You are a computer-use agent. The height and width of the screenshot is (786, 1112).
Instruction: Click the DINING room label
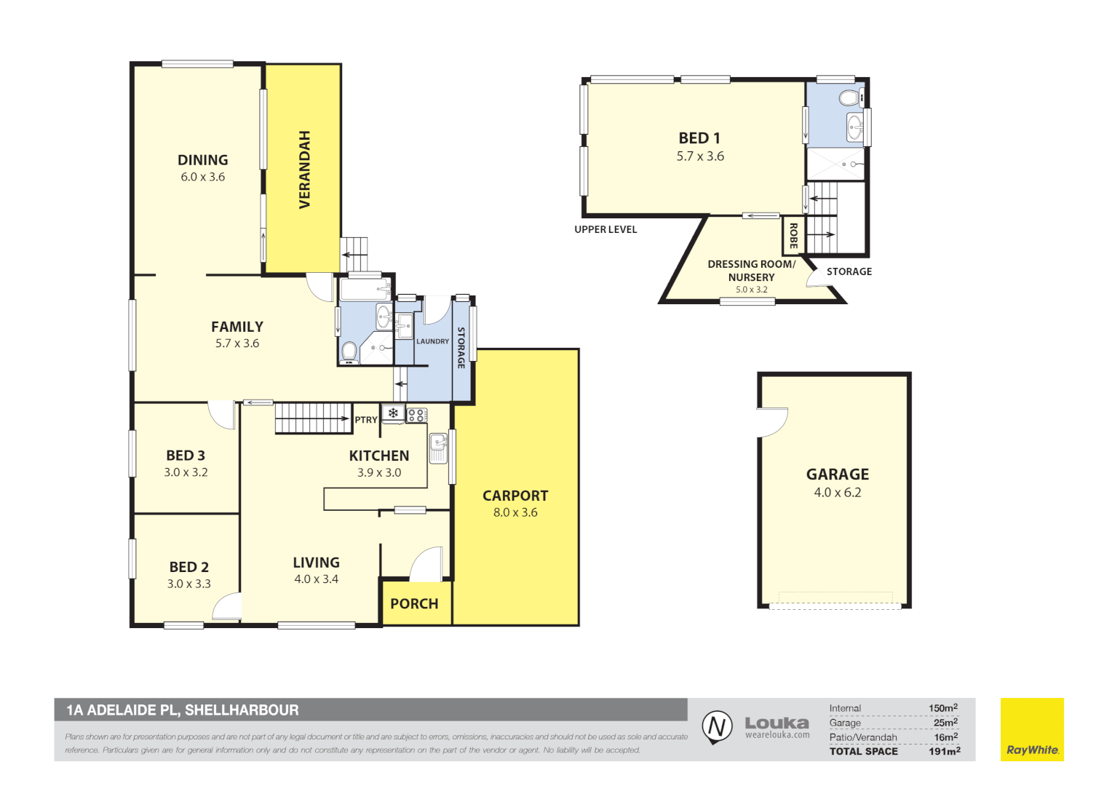202,160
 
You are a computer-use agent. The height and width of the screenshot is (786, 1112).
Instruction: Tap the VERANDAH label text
305,170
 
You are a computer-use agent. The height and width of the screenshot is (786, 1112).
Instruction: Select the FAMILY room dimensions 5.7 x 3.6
237,344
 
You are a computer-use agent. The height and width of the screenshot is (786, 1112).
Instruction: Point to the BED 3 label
186,456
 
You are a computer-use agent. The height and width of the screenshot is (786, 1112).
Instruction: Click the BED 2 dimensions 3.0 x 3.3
188,584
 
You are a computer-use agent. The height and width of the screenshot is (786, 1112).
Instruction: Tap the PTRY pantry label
365,420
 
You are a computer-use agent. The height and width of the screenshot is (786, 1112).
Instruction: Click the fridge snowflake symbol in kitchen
393,414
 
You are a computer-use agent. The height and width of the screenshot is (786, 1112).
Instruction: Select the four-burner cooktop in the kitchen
417,416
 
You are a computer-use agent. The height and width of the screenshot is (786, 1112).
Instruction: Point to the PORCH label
414,603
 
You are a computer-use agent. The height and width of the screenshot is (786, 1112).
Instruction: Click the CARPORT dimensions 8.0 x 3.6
515,512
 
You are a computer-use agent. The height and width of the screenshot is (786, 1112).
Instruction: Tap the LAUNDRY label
432,341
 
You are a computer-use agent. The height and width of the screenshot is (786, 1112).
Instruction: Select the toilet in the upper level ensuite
849,98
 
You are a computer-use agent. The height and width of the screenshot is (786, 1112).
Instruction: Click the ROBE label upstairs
793,236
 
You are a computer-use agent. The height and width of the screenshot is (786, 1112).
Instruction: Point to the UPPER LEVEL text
605,229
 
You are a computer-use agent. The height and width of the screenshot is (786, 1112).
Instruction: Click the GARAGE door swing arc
774,423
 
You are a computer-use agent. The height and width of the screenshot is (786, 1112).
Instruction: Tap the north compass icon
716,726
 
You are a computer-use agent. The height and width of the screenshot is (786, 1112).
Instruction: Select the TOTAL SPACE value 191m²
944,751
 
